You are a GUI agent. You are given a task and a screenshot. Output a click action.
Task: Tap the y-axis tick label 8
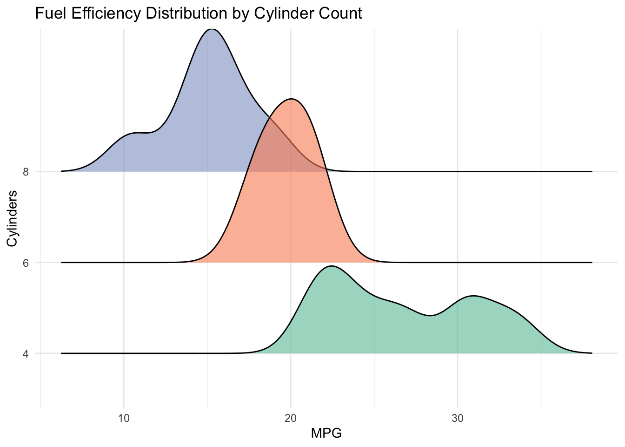pos(26,172)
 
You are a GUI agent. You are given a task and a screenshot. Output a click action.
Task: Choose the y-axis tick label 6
pos(26,263)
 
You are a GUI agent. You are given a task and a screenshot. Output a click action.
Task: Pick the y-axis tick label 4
pos(26,353)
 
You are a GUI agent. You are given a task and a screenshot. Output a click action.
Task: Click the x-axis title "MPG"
pos(326,433)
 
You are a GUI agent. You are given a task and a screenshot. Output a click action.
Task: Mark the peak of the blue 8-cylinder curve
pos(212,29)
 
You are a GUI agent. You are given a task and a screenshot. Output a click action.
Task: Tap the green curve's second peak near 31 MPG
pos(473,296)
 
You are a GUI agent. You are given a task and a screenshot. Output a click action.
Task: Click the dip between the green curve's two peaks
pos(431,316)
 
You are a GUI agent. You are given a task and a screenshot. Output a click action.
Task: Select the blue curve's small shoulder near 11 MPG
pos(139,133)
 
